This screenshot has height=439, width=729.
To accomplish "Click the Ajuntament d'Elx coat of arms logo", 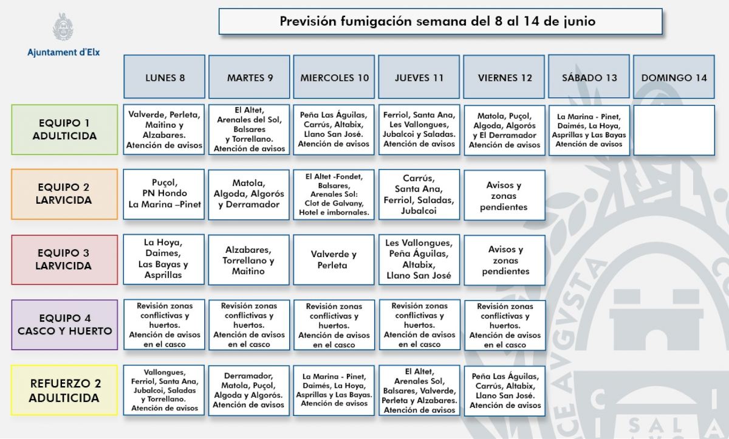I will (x=63, y=27).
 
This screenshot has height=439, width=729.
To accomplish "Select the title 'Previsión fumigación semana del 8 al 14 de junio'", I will (x=440, y=21).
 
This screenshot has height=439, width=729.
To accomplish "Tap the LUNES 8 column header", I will (x=165, y=77).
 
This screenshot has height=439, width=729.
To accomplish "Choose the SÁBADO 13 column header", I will (x=589, y=77).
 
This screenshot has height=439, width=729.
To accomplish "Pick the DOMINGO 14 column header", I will (x=674, y=77).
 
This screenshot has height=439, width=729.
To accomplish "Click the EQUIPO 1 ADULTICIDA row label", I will (x=64, y=130).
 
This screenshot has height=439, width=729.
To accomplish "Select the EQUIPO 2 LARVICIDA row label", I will (x=64, y=194).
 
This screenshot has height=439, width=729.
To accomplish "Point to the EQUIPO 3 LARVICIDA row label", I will (x=64, y=259).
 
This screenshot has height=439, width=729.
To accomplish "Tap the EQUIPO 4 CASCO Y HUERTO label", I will (x=64, y=325).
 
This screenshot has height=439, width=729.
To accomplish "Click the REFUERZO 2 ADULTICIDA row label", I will (x=64, y=390).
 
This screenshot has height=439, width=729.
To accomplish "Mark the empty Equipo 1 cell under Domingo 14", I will (x=674, y=130).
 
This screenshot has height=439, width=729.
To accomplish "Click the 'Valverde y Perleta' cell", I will (x=334, y=260).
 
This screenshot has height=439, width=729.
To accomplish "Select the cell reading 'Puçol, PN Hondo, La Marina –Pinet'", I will (x=165, y=193).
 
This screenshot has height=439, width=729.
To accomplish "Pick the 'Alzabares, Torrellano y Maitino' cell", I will (x=248, y=260).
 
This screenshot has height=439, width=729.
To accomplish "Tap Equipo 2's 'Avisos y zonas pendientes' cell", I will (x=504, y=196).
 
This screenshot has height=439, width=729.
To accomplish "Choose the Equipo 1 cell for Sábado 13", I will (x=589, y=130).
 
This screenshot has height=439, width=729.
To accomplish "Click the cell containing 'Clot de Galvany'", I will (x=334, y=195).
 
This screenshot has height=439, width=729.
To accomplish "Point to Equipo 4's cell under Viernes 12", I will (x=505, y=325).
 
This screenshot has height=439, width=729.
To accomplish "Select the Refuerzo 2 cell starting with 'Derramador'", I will (x=248, y=390).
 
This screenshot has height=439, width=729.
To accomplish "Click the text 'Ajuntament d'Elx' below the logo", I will (x=63, y=52).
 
